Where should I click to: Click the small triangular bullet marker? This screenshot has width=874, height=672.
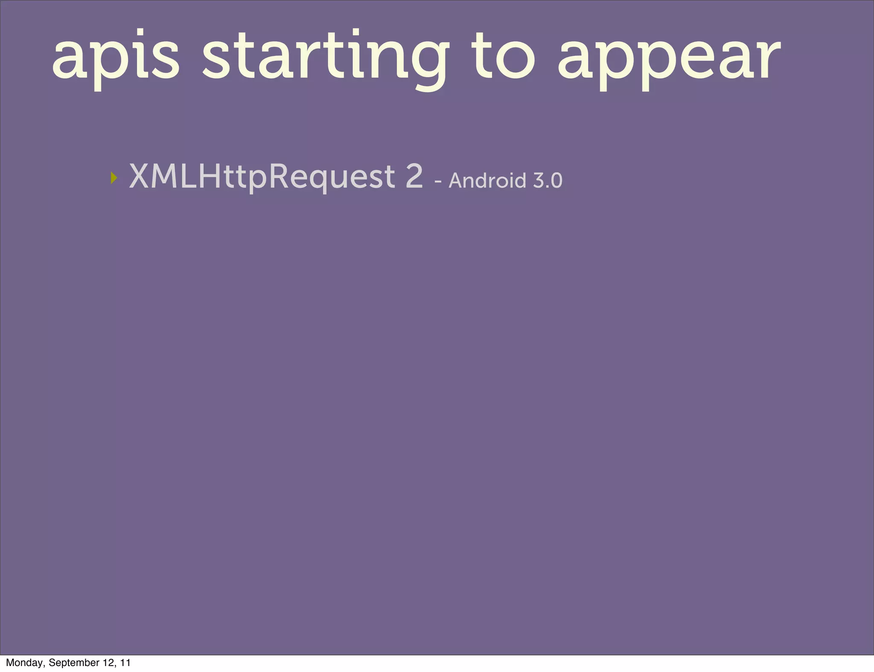click(114, 178)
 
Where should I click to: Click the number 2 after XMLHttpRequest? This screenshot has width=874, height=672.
click(414, 176)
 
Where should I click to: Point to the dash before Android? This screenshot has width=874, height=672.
click(437, 182)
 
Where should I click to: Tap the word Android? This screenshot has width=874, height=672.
click(487, 180)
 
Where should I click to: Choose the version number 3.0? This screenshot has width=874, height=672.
click(548, 180)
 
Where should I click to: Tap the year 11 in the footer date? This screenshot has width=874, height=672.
click(125, 662)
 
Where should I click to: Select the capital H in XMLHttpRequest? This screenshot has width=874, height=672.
click(212, 176)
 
